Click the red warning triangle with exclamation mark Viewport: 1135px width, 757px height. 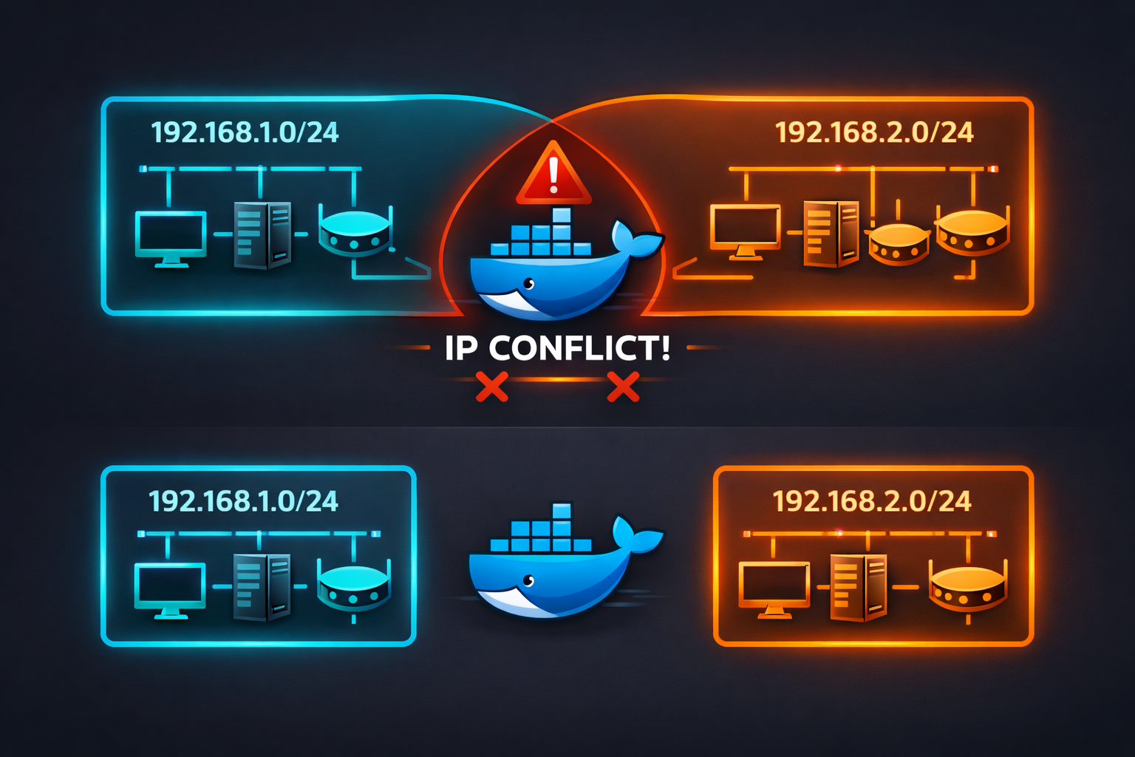[x=553, y=176]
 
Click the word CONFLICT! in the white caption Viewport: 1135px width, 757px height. [x=579, y=348]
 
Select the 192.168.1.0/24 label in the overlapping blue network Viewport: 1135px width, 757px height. [x=245, y=132]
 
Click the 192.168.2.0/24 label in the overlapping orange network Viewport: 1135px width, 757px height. [x=874, y=132]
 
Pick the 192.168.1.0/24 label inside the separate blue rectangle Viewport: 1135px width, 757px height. [x=243, y=501]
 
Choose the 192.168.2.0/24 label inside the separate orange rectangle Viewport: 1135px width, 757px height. [x=872, y=501]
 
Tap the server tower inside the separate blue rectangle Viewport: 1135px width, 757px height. [x=262, y=587]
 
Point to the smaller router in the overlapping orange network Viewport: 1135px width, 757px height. [x=898, y=244]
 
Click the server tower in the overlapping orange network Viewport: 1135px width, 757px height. [x=831, y=234]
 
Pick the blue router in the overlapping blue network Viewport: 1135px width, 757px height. [x=354, y=231]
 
